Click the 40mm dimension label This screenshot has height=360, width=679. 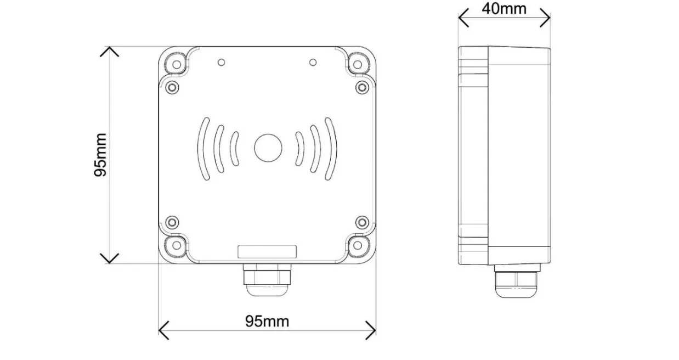pos(503,8)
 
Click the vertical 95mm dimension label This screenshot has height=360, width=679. pos(100,155)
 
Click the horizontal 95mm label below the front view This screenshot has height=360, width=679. pos(267,321)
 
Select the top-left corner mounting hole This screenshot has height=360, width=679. pos(177,64)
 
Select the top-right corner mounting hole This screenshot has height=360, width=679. pos(358,64)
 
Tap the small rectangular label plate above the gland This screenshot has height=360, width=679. pos(267,252)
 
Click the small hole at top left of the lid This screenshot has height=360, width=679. pos(221,62)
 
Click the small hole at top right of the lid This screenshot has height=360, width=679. pos(313,62)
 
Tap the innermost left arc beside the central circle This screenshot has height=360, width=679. pos(235,148)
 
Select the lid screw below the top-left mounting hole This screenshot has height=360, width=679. pos(172,87)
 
